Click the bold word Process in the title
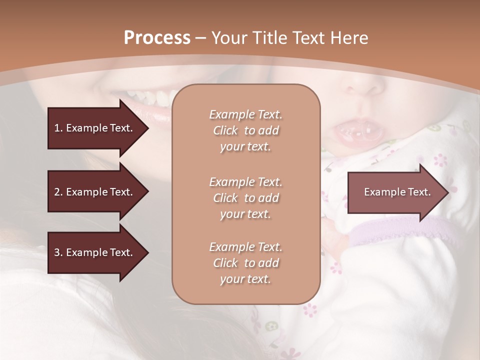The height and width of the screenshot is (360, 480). click(x=157, y=38)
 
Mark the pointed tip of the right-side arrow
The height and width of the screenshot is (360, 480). click(x=447, y=192)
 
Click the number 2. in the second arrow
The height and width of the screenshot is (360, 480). click(x=58, y=192)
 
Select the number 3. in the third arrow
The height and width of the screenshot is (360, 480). click(x=58, y=252)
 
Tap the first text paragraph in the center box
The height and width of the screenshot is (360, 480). click(x=245, y=130)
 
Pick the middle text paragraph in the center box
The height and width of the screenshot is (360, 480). click(x=245, y=198)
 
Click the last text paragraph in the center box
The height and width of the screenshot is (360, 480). click(x=245, y=263)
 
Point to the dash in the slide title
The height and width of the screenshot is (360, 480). click(x=201, y=38)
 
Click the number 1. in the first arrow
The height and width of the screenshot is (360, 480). click(x=58, y=128)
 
